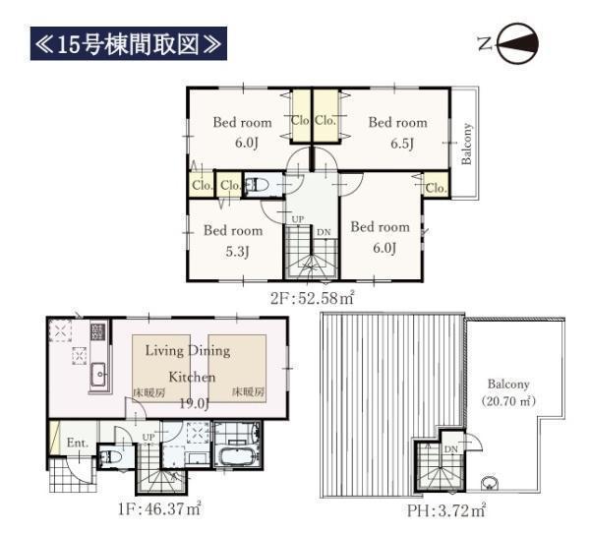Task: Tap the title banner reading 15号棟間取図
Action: (128, 43)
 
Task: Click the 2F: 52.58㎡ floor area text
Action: (313, 298)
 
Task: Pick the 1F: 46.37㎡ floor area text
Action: (159, 510)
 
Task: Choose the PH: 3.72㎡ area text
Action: (446, 510)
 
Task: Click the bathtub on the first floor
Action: (238, 456)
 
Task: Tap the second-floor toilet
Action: (258, 185)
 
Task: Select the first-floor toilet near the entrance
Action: (110, 457)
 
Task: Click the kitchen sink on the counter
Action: (99, 375)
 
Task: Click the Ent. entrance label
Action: (78, 443)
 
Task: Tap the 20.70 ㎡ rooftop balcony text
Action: (508, 401)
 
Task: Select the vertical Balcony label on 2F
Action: (466, 144)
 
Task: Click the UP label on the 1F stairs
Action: (148, 438)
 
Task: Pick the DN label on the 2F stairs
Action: (324, 232)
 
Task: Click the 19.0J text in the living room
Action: (194, 403)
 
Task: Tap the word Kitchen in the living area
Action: (192, 377)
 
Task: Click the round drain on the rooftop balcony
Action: (490, 483)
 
